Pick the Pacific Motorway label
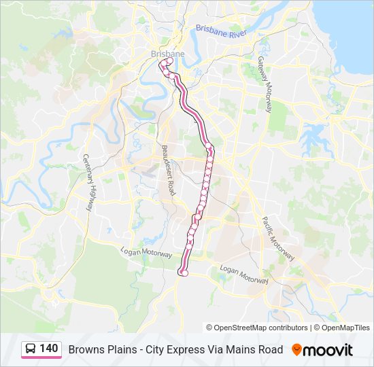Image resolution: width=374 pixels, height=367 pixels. point(277,239)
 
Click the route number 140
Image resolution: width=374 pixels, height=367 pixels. point(48,349)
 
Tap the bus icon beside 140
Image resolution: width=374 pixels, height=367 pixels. point(31,349)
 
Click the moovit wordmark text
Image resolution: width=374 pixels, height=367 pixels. point(330,349)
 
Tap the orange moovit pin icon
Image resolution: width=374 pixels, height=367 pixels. point(297,349)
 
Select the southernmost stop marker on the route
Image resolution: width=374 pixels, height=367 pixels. point(182,273)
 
